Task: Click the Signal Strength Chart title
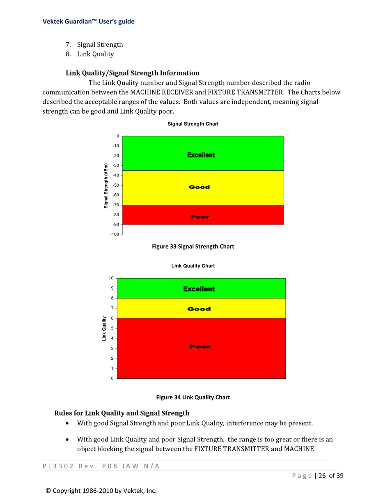[x=193, y=124]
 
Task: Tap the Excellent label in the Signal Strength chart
[x=201, y=155]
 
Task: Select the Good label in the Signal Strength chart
[x=200, y=187]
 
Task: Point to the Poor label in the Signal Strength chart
[x=200, y=217]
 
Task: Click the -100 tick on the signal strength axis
[x=115, y=234]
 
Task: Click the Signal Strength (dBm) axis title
[x=106, y=186]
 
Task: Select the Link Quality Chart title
[x=193, y=266]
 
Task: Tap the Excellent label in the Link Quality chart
[x=199, y=289]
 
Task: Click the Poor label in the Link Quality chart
[x=200, y=347]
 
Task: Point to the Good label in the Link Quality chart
[x=199, y=309]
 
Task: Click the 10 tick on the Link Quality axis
[x=111, y=278]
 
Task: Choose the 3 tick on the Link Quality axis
[x=112, y=348]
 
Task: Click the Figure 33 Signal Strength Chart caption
[x=193, y=247]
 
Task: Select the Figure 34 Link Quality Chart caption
[x=193, y=397]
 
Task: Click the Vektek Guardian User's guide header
[x=89, y=21]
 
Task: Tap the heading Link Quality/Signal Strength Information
[x=133, y=73]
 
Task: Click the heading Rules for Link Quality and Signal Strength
[x=122, y=413]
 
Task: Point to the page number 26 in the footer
[x=322, y=476]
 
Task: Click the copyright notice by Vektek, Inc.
[x=101, y=491]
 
